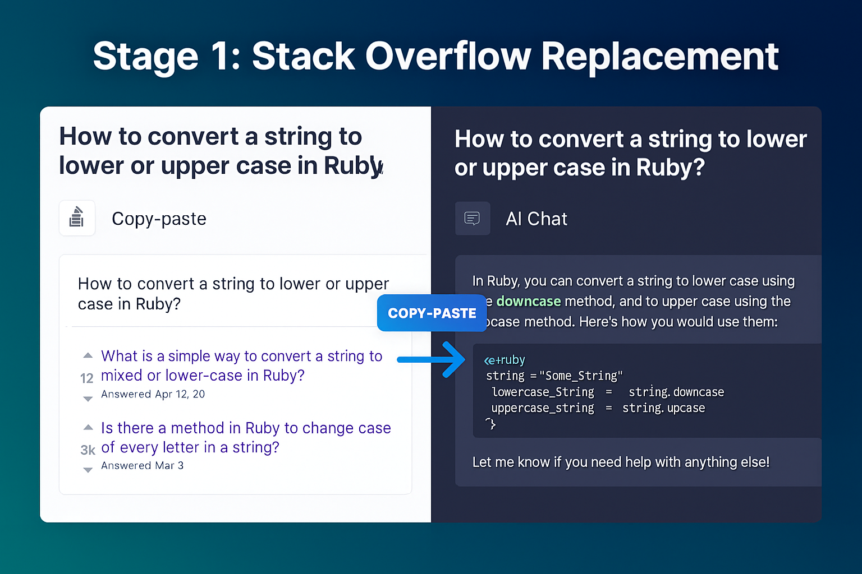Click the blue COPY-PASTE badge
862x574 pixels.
[x=432, y=313]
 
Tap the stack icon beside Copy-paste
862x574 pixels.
[x=77, y=218]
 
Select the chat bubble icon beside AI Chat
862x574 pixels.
[x=473, y=218]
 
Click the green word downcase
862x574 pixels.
[x=528, y=302]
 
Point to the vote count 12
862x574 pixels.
[x=87, y=378]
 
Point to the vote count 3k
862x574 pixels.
[x=88, y=450]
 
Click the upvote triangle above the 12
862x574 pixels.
[x=88, y=355]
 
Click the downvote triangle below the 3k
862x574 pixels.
[x=88, y=470]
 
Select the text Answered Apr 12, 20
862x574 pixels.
[x=153, y=394]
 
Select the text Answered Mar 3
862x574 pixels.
[x=142, y=465]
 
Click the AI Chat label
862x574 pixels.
[x=536, y=219]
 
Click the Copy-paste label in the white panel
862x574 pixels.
[x=159, y=219]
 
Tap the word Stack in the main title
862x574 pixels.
[x=303, y=56]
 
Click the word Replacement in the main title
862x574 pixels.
[x=659, y=56]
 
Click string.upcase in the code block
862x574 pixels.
[x=663, y=408]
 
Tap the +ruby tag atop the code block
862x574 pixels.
[x=505, y=360]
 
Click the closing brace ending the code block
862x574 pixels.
[x=491, y=424]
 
